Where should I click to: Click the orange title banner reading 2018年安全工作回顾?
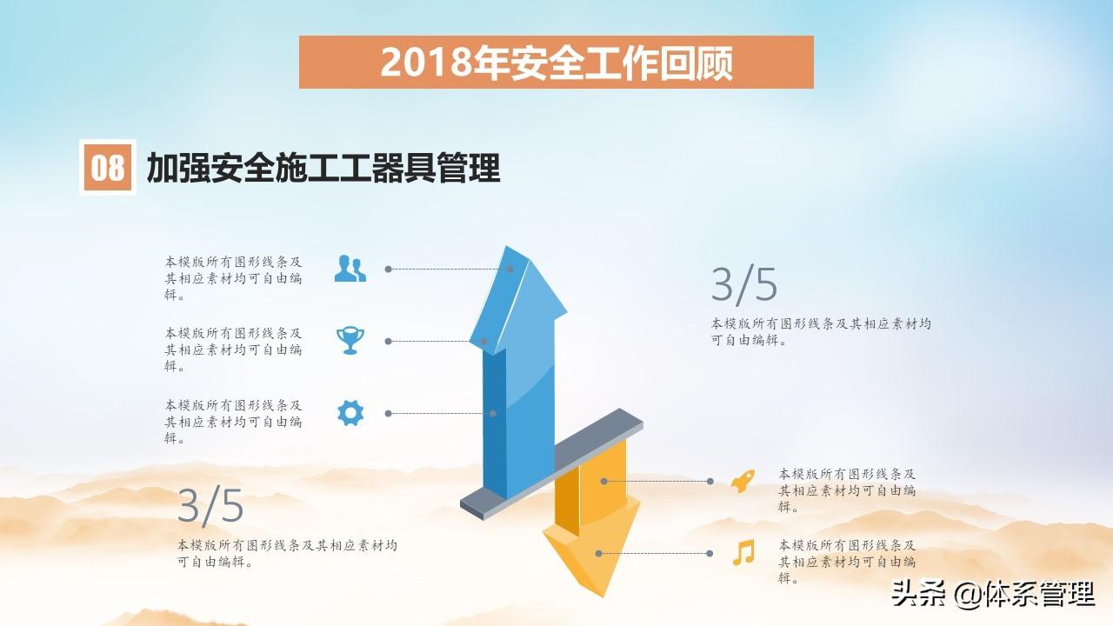pos(556,62)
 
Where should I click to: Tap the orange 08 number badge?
pos(107,167)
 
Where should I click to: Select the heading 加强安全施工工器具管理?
pos(323,168)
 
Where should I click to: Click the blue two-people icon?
pos(350,269)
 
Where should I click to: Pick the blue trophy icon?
pos(350,340)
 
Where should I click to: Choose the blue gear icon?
pos(350,413)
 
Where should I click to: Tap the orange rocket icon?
pos(743,481)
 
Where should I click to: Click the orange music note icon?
pos(743,552)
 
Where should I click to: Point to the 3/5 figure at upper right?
pos(743,284)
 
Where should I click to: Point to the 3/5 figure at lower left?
pos(210,505)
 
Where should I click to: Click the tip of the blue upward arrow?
pos(507,246)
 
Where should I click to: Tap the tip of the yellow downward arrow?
pos(603,596)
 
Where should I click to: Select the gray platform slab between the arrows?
pos(551,464)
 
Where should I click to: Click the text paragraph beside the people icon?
pos(233,278)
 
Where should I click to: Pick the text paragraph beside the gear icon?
pos(233,422)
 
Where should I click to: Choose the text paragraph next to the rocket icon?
pos(847,490)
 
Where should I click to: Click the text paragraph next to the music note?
pos(847,562)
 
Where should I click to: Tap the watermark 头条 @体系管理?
pos(993,594)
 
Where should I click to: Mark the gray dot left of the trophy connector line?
pos(389,342)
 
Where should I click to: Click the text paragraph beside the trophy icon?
pos(233,350)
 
